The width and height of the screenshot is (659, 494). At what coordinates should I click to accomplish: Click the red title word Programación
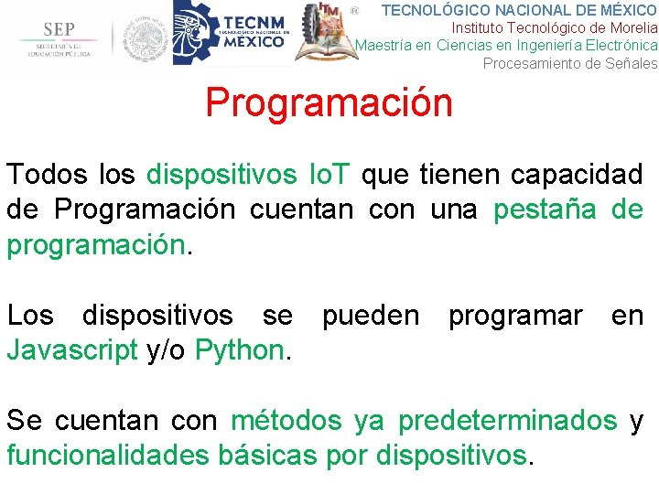coord(329,102)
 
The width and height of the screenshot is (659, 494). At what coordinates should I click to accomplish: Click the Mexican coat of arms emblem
coord(146,38)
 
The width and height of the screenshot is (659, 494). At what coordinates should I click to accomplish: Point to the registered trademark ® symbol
coord(355,11)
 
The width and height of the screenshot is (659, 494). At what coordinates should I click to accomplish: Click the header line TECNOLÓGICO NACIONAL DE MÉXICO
coord(519,10)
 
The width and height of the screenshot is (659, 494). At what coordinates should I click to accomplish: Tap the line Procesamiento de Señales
coord(569,63)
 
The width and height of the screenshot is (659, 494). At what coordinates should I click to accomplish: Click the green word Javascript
coord(72,350)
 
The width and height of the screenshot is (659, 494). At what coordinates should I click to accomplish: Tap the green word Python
coord(241,350)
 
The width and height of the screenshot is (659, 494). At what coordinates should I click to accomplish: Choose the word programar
coord(514,316)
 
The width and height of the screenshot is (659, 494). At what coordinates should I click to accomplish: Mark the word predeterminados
coord(507,421)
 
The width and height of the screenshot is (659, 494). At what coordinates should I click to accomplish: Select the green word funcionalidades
coord(107,456)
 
